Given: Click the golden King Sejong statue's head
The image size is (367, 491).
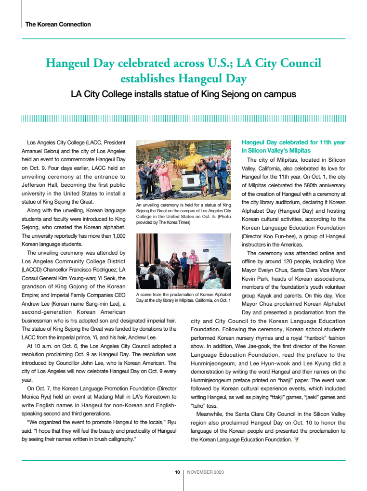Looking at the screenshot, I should click(x=193, y=147).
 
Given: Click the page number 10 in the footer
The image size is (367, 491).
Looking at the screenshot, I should click(x=177, y=472).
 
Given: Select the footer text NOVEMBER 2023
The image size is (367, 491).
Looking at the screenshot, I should click(x=205, y=472).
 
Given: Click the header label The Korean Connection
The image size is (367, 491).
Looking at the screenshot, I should click(x=58, y=24).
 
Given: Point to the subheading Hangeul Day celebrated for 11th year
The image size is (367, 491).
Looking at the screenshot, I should click(x=293, y=142).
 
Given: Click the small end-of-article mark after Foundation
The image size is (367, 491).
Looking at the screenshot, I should click(x=297, y=439).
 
